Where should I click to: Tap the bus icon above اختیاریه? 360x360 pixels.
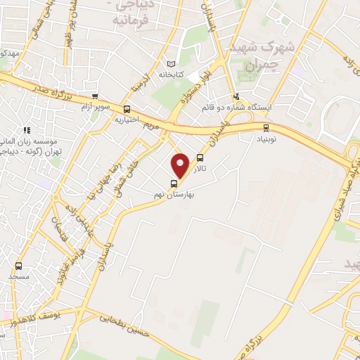coord(127,109)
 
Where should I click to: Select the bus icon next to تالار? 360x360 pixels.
coord(201,158)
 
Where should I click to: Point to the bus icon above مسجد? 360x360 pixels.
coord(18,266)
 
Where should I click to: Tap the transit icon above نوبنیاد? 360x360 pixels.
coord(265,127)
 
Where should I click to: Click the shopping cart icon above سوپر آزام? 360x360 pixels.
coord(95,97)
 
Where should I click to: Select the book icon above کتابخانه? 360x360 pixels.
coord(171,64)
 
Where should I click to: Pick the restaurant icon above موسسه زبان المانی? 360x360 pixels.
coord(27,130)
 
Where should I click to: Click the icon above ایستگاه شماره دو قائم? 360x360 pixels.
coord(236,97)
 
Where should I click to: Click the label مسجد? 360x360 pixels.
coord(16,277)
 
